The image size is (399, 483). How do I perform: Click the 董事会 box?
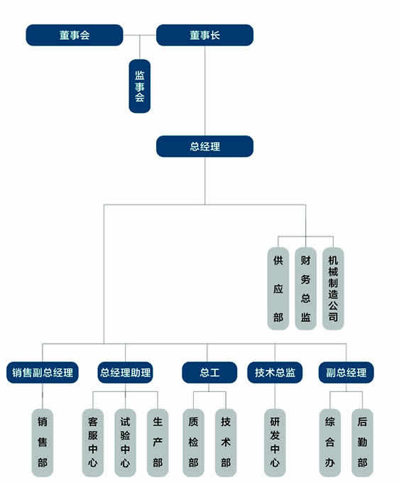click(75, 35)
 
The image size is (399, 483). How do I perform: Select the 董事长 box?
click(204, 35)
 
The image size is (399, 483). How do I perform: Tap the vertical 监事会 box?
click(139, 86)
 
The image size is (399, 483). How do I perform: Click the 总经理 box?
click(204, 146)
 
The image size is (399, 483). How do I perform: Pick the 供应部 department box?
click(278, 288)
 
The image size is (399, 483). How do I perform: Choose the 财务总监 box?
click(305, 288)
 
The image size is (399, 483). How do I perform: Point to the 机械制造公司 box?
click(333, 288)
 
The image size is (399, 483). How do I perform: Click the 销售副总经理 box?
click(43, 372)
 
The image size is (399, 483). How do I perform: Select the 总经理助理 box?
click(125, 372)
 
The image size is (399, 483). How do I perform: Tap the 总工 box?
click(209, 372)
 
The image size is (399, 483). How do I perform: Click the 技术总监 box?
click(275, 372)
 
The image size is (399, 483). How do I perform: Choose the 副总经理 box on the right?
click(346, 372)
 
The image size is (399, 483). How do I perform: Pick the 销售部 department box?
click(43, 443)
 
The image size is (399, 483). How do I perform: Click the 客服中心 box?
click(93, 443)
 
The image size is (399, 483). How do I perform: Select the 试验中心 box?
click(125, 443)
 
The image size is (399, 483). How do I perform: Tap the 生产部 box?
click(158, 443)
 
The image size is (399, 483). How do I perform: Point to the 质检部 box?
click(193, 443)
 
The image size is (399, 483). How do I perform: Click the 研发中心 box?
click(275, 443)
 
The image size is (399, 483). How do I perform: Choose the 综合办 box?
click(329, 443)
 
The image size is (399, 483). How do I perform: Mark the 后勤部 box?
click(362, 443)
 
